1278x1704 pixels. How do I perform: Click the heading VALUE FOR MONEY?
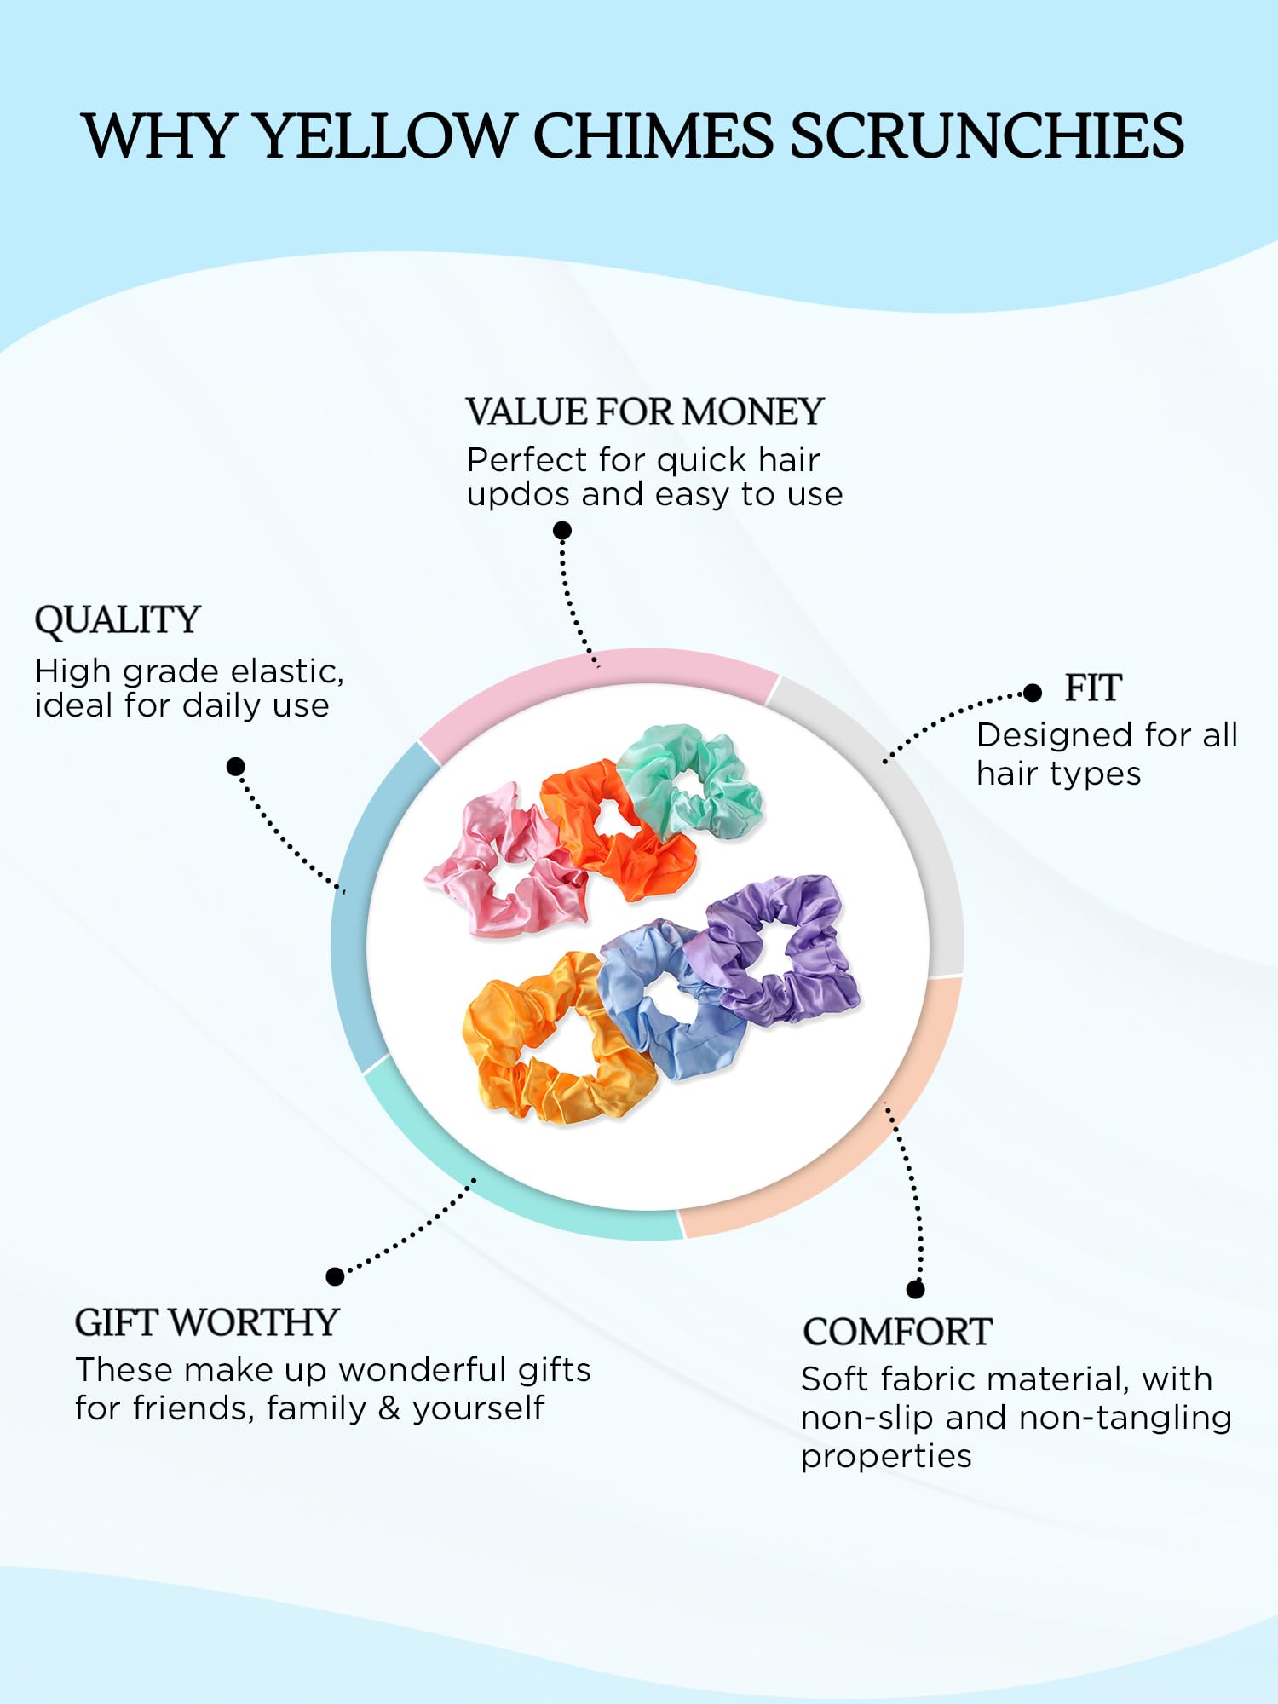(x=644, y=412)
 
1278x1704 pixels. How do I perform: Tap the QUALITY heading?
(x=117, y=621)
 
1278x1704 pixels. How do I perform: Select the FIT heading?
(x=1093, y=688)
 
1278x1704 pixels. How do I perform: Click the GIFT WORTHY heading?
(x=207, y=1322)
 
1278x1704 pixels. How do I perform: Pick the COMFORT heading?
(x=897, y=1332)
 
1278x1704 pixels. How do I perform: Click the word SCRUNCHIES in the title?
(x=987, y=136)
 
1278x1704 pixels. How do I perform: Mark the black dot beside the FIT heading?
(x=1033, y=693)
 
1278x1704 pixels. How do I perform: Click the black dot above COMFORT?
(x=915, y=1289)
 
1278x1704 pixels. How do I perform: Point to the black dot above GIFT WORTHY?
(x=335, y=1275)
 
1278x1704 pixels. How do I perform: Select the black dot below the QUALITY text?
(x=236, y=767)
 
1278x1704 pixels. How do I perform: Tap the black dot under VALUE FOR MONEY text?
(x=561, y=531)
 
